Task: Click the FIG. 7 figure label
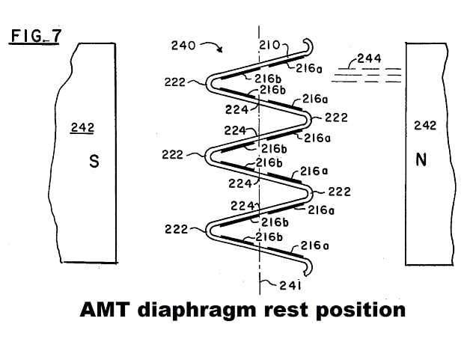click(34, 36)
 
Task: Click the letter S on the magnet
click(94, 162)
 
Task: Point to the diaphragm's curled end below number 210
click(307, 45)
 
